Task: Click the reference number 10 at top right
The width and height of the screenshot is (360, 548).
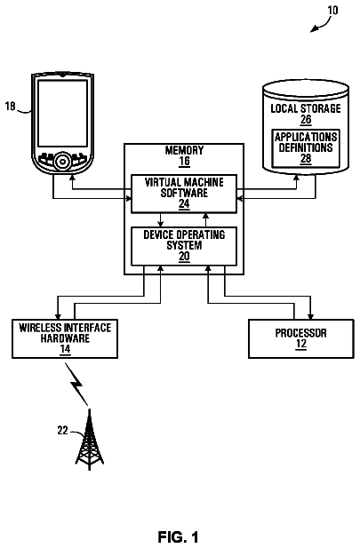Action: pyautogui.click(x=332, y=10)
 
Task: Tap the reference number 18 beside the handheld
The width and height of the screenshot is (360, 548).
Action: pyautogui.click(x=11, y=106)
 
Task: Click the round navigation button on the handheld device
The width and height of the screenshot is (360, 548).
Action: pyautogui.click(x=62, y=161)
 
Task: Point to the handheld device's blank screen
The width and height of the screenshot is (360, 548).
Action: pyautogui.click(x=62, y=113)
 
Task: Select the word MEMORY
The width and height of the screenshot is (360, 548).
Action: pyautogui.click(x=184, y=151)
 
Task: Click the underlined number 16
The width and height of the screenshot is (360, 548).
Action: pyautogui.click(x=184, y=162)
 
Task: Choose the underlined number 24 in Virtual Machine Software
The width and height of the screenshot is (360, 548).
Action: pyautogui.click(x=184, y=203)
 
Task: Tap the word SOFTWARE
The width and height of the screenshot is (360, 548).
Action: pyautogui.click(x=184, y=193)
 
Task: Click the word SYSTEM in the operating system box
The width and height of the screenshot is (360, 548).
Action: pyautogui.click(x=184, y=245)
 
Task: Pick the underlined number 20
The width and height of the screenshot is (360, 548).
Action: pyautogui.click(x=184, y=256)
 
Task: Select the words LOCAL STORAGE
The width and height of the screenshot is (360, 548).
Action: pyautogui.click(x=306, y=108)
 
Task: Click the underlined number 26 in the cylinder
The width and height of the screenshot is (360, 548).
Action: pyautogui.click(x=306, y=120)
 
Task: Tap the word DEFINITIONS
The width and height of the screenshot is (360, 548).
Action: pyautogui.click(x=306, y=147)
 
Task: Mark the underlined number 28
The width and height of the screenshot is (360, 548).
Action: pyautogui.click(x=306, y=158)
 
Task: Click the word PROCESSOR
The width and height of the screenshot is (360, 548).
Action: pyautogui.click(x=300, y=333)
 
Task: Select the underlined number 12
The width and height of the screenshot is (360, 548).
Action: pyautogui.click(x=300, y=344)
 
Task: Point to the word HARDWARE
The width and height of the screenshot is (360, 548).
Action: pyautogui.click(x=65, y=338)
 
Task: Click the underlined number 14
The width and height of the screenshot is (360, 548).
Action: pyautogui.click(x=65, y=349)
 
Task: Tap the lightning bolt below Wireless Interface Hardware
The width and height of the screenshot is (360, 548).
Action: pyautogui.click(x=77, y=384)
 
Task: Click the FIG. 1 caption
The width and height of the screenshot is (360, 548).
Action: pyautogui.click(x=178, y=536)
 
